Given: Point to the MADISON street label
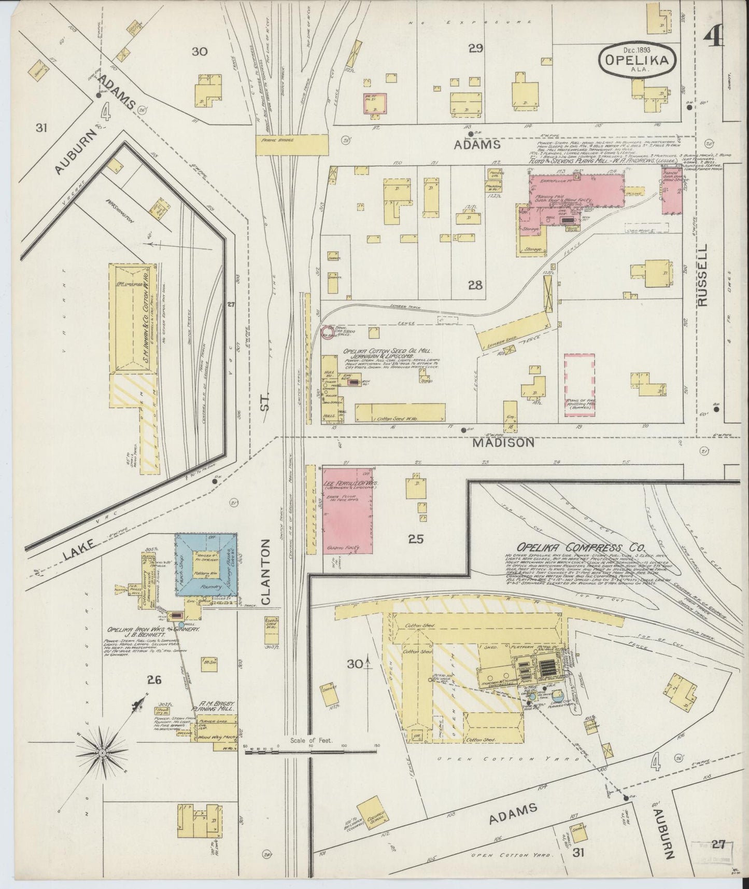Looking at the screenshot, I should coord(503,442).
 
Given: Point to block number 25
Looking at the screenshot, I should coord(416,539).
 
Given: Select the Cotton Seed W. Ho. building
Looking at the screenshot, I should coord(400,412).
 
